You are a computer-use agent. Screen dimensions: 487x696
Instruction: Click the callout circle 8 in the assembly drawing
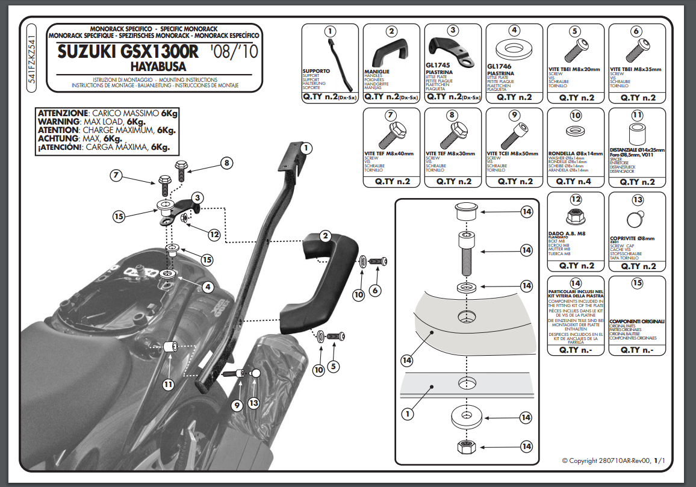(x=226, y=163)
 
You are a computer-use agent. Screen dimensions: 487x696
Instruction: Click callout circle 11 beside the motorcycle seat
(x=168, y=383)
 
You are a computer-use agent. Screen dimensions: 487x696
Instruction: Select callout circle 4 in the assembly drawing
(x=208, y=288)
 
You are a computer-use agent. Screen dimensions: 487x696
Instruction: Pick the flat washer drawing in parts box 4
(x=515, y=49)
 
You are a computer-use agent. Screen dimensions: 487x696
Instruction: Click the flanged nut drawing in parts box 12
(x=575, y=217)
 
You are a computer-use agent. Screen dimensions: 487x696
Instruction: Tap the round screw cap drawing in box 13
(x=636, y=217)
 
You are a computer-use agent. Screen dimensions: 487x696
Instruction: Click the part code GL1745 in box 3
(x=437, y=66)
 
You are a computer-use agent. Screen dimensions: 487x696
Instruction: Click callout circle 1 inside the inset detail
(x=408, y=414)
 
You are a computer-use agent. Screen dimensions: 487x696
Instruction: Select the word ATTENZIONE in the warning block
(x=62, y=114)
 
